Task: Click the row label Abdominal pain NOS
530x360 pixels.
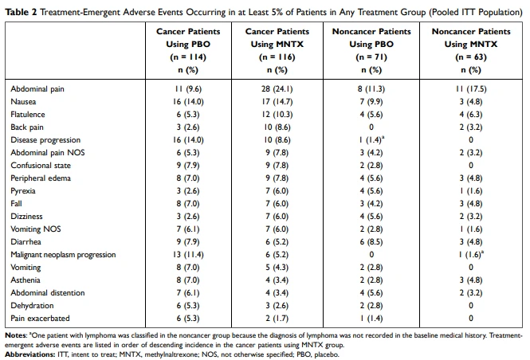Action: coord(48,153)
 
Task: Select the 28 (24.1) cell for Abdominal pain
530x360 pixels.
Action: coord(277,89)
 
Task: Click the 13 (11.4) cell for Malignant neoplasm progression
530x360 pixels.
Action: coord(188,255)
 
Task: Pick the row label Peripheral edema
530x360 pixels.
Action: coord(41,178)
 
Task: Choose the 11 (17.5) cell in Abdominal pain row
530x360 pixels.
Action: coord(471,89)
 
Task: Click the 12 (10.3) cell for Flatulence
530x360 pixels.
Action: coord(277,115)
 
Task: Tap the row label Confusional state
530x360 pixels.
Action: coord(41,166)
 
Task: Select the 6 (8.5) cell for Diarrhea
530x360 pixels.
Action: coord(371,242)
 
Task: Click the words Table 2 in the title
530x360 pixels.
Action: coord(21,13)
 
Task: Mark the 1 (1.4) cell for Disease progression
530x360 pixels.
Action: coord(371,140)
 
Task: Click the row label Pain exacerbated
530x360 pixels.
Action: coord(40,318)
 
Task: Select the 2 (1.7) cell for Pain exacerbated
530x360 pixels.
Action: coord(277,318)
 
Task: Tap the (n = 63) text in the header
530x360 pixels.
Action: coord(471,57)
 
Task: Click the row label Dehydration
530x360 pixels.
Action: coord(32,306)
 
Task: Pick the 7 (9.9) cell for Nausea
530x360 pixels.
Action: coord(371,102)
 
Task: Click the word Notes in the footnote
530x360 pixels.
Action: coord(16,335)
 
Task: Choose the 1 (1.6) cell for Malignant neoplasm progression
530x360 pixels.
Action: coord(471,254)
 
